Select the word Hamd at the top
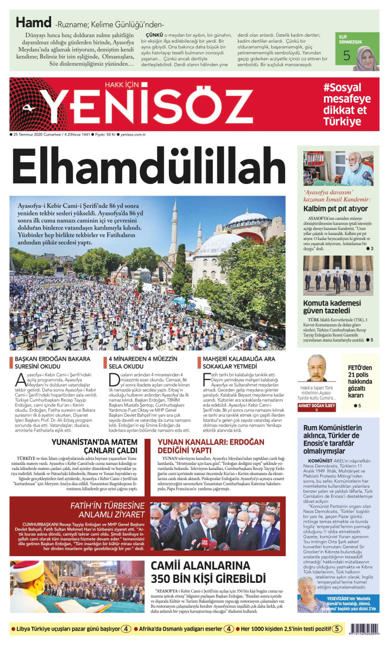pos(33,23)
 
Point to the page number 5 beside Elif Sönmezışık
pos(347,56)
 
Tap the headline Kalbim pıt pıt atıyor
pos(335,208)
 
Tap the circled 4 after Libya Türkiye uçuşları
pos(127,629)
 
